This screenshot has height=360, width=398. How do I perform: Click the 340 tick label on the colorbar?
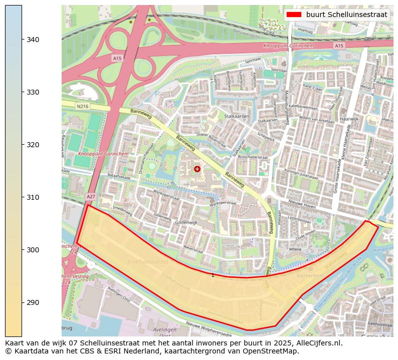coord(33,40)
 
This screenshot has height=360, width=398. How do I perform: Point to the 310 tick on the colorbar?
coord(33,197)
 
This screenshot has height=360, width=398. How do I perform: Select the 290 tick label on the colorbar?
coord(33,302)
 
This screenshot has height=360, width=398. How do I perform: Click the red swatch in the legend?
coord(294,15)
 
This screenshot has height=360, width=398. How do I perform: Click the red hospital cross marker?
coord(197,169)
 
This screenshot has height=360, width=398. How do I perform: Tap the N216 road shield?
coord(82,106)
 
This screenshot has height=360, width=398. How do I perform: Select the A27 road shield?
coord(90,197)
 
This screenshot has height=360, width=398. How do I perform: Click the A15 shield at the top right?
coord(339,46)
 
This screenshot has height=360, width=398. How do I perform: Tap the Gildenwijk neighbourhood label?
coord(186,222)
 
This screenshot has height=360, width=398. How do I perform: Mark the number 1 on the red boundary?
coord(213,275)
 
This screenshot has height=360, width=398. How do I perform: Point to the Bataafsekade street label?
coord(119,177)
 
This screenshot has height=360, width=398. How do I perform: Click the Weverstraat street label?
coord(192,247)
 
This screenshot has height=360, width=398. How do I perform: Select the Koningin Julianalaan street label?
coord(301,177)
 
